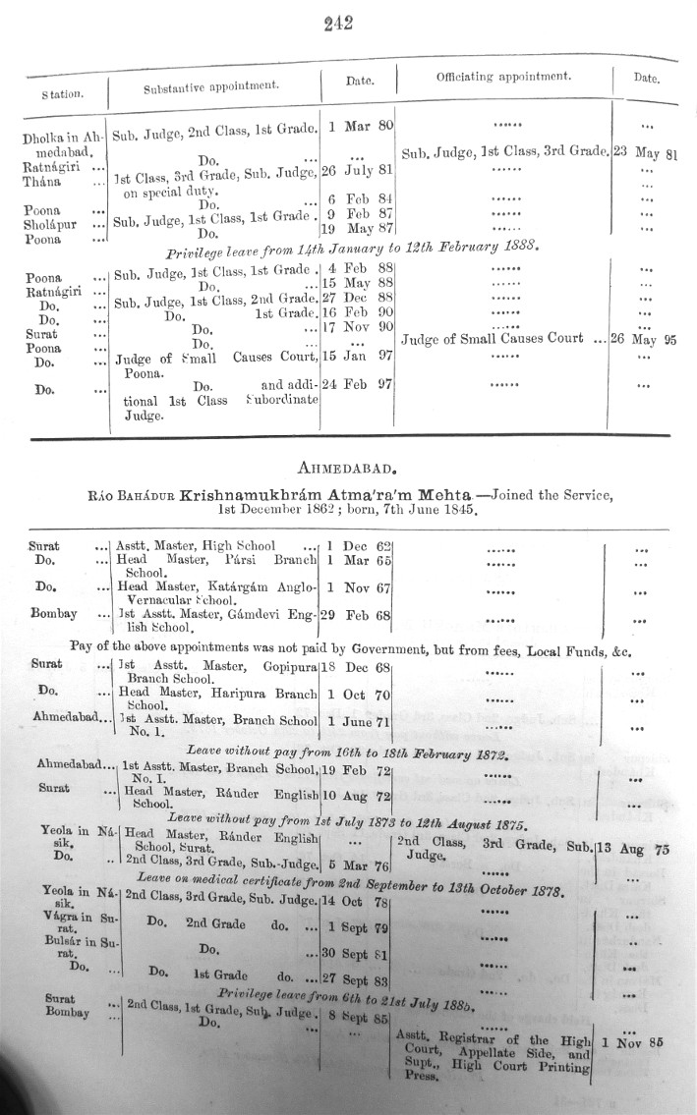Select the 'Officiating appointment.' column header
pos(503,76)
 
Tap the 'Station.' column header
pos(61,94)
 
